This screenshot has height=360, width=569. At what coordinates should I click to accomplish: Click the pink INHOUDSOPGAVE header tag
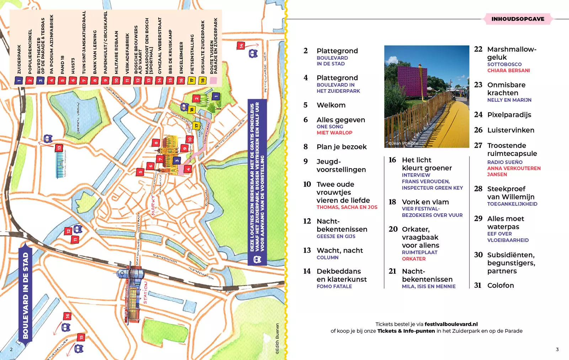tap(517, 19)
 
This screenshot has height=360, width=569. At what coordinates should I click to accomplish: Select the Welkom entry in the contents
tap(331, 105)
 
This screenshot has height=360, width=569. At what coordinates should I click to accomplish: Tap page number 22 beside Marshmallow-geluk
tap(478, 49)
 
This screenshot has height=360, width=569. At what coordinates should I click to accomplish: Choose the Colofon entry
tap(500, 285)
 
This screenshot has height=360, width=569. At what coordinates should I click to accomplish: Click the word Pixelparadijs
tap(509, 115)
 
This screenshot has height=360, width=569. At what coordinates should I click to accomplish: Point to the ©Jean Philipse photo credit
tap(403, 143)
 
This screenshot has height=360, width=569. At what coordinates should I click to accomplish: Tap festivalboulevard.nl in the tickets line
tap(451, 324)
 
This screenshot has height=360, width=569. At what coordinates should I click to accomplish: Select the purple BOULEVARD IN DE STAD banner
tap(25, 295)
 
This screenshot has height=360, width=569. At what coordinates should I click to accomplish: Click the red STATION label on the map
tap(145, 292)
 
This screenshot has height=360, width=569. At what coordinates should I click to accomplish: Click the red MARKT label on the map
tap(153, 205)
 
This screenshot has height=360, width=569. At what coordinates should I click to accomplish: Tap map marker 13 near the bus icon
tap(59, 148)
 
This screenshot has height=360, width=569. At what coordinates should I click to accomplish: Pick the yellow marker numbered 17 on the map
tap(196, 125)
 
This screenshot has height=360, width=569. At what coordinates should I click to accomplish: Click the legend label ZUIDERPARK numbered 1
tap(19, 59)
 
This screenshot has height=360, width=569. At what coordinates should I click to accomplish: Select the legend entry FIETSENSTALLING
tap(192, 53)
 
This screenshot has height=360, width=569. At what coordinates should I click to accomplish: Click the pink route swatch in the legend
tap(213, 81)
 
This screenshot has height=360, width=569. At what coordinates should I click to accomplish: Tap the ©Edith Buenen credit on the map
tap(277, 338)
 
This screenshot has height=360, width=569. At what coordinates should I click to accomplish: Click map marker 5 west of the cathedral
tap(140, 172)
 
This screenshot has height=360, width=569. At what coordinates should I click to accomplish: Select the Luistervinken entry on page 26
tap(510, 130)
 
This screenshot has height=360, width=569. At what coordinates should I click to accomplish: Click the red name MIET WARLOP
tap(334, 133)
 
